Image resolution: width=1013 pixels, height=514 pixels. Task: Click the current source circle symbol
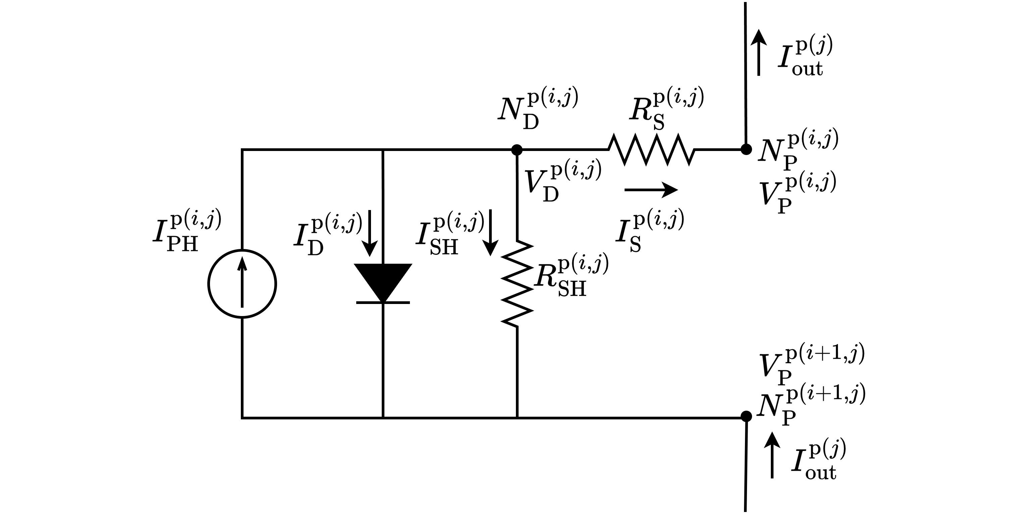(242, 284)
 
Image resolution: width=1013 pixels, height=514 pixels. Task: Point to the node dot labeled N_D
(517, 150)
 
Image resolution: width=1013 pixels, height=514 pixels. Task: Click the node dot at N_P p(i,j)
(746, 149)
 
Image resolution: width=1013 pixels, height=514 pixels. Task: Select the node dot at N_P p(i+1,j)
(746, 416)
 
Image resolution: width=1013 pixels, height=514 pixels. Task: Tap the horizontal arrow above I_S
(651, 190)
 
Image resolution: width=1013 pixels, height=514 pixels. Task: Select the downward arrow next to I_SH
(490, 233)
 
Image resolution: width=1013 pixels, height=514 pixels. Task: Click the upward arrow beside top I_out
(758, 53)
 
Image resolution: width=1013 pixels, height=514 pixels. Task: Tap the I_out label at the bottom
(818, 460)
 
